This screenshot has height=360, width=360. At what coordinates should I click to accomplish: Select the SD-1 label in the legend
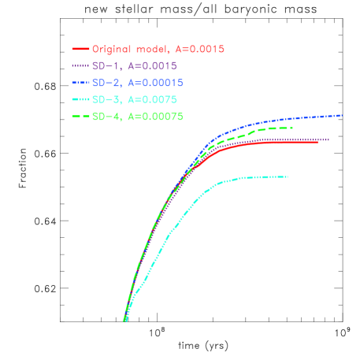(104, 66)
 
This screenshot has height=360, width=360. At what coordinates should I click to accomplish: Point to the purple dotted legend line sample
(80, 66)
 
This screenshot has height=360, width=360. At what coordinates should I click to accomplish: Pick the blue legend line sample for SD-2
(80, 83)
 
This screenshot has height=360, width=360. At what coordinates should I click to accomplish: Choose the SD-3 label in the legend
(104, 100)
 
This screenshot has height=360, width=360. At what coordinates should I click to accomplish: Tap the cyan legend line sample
(80, 100)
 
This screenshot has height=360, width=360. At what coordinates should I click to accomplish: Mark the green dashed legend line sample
(80, 117)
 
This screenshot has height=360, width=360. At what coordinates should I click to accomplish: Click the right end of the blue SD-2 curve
(342, 115)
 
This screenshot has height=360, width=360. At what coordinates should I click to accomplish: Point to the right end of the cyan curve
(288, 176)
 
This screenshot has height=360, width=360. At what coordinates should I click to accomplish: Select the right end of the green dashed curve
(292, 128)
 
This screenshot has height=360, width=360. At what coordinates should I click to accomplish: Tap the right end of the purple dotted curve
(328, 140)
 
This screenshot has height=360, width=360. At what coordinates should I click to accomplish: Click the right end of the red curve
(317, 142)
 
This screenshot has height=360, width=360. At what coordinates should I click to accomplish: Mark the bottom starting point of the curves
(124, 321)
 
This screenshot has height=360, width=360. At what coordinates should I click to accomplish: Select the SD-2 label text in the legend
(104, 83)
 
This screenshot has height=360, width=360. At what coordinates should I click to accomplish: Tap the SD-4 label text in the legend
(104, 117)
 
